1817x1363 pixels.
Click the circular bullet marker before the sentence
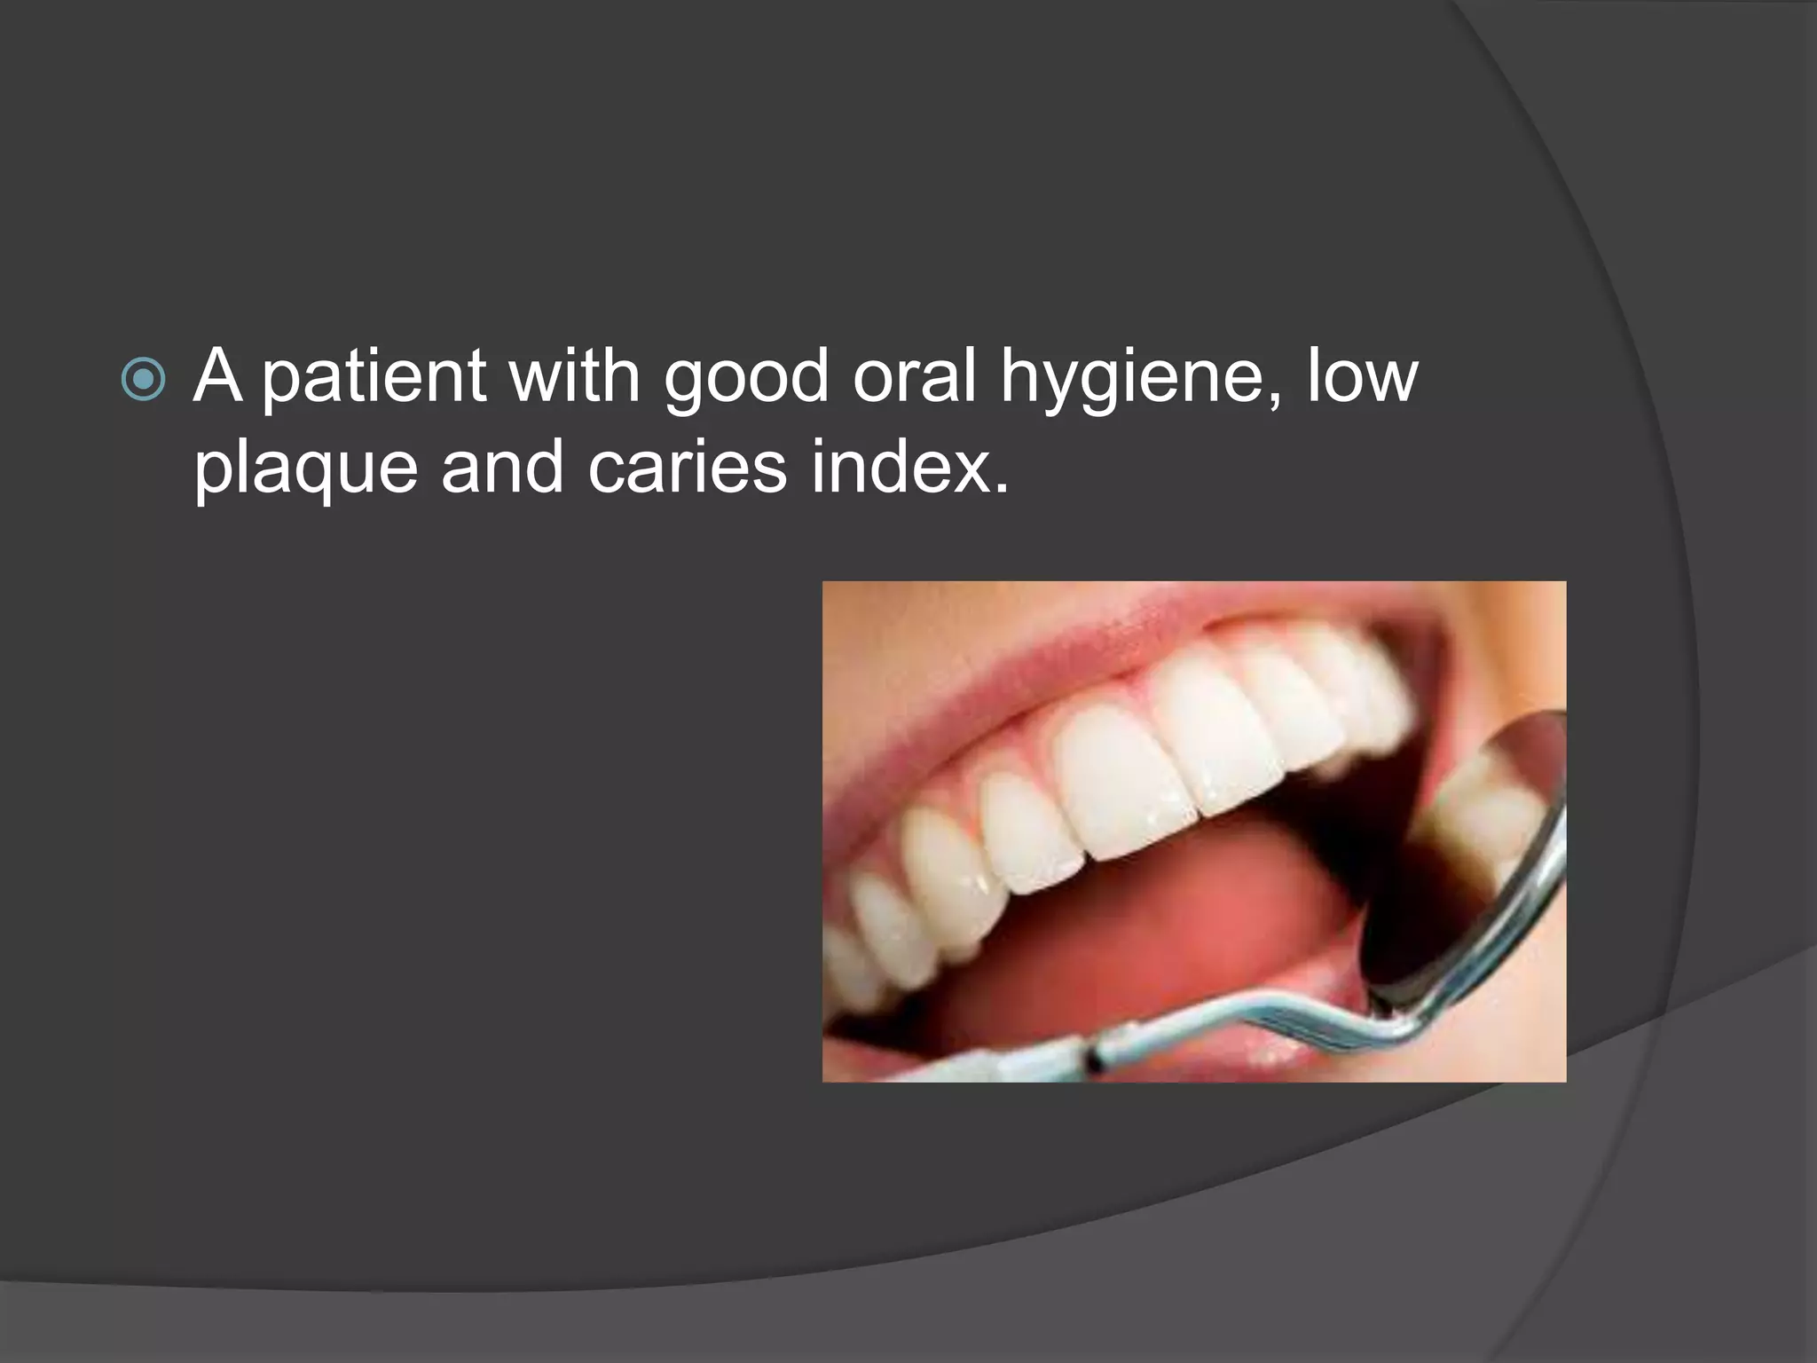[x=142, y=380]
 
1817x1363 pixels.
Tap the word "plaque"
[x=305, y=470]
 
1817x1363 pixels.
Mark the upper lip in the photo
[x=1020, y=657]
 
